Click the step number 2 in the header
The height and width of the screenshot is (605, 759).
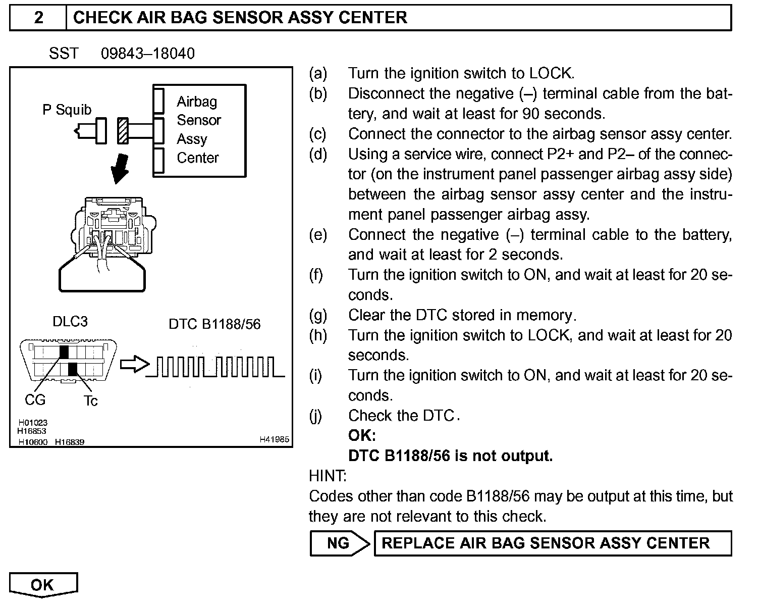click(38, 18)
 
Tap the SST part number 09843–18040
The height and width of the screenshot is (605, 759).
click(147, 54)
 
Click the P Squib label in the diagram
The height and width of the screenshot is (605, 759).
click(67, 110)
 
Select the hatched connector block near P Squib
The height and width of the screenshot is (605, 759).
click(123, 130)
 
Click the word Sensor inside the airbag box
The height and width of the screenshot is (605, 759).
click(199, 120)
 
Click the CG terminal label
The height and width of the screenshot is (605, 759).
click(35, 400)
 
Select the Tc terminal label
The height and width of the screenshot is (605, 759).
click(90, 401)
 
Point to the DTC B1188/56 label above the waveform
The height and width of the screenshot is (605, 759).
click(214, 324)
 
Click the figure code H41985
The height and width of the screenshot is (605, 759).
click(274, 440)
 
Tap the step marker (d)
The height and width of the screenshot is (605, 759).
click(318, 154)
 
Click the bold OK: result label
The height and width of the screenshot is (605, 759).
click(362, 435)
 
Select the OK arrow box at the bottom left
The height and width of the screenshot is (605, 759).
click(43, 585)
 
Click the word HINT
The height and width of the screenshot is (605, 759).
click(328, 476)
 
